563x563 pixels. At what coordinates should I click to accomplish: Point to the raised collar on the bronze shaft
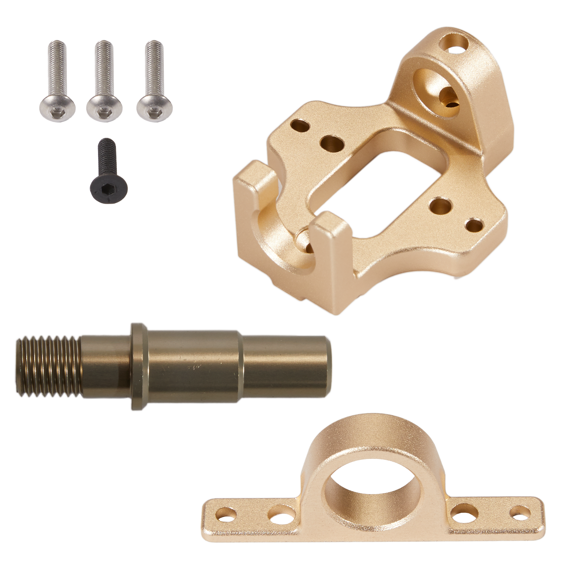click(139, 366)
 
